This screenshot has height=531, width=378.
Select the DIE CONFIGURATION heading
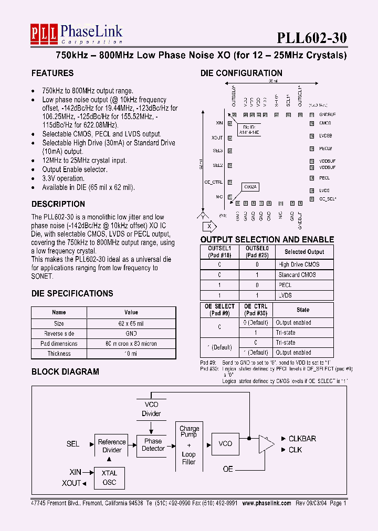tap(241, 73)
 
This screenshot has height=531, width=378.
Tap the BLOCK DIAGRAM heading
tap(65, 371)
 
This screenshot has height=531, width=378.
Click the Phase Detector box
tap(153, 444)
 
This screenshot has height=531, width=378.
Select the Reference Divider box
tap(112, 445)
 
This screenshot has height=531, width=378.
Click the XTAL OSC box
tap(110, 477)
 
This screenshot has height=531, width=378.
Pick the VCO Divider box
tap(151, 409)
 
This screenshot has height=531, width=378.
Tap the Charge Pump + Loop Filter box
tap(188, 445)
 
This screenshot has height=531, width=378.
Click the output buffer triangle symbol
tap(266, 444)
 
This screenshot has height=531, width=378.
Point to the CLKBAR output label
tap(302, 439)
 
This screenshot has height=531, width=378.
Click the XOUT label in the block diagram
tap(71, 483)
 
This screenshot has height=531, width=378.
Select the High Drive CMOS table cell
tap(299, 265)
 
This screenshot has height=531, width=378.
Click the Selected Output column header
tap(304, 252)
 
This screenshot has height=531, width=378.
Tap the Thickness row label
tap(59, 354)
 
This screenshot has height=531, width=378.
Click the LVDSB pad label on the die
tap(325, 136)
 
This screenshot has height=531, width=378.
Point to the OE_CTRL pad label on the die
tap(214, 182)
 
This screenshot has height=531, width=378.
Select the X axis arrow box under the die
tap(209, 226)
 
